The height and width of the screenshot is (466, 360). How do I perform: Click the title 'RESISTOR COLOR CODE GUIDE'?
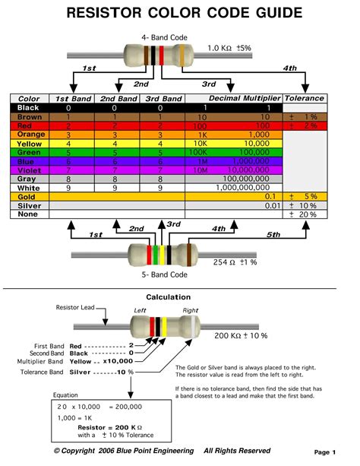point(179,13)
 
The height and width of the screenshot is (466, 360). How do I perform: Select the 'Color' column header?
point(29,99)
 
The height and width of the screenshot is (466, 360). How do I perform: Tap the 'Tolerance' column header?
point(304,99)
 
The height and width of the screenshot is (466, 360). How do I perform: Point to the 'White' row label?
point(28,187)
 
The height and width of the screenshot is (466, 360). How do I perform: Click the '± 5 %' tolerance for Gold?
point(307,196)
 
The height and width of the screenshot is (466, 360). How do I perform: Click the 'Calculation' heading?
point(169,296)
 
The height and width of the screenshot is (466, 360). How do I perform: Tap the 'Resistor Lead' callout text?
point(74,308)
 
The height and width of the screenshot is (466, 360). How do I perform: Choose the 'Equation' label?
point(66,395)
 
